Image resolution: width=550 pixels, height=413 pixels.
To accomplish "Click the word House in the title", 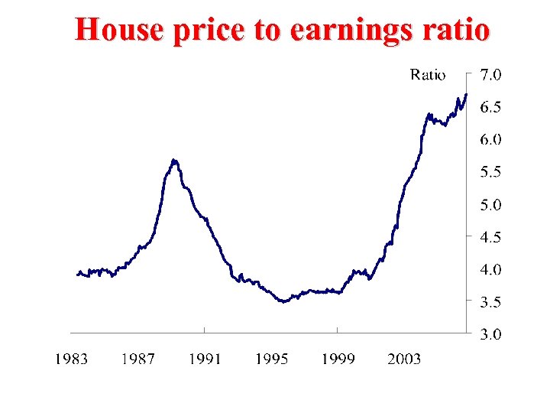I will [119, 31].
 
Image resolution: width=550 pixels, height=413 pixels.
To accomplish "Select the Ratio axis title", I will [428, 74].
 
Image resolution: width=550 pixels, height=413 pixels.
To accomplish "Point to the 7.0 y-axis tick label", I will [490, 74].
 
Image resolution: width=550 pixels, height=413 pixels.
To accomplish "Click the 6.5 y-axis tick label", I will [490, 107].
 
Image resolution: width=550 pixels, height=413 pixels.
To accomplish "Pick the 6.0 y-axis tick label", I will [490, 139].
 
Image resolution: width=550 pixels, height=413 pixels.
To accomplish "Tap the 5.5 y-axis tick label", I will [490, 172].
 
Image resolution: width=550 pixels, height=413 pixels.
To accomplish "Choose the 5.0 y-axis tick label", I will [490, 205].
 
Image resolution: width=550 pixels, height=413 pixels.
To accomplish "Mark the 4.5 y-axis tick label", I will [490, 237].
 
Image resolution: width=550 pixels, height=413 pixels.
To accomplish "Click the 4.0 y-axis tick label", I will [490, 269].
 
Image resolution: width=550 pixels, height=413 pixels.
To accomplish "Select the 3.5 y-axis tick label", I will [490, 302].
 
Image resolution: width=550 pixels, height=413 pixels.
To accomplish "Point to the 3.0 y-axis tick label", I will [490, 334].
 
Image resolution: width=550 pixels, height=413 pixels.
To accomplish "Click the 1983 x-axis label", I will [71, 359].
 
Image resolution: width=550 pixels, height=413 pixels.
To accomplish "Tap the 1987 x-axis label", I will [137, 359].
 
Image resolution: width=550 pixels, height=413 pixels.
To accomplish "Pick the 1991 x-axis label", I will [205, 359].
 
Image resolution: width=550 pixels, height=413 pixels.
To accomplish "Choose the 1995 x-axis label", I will [271, 359].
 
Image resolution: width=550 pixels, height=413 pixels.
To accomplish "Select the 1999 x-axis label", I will [338, 359].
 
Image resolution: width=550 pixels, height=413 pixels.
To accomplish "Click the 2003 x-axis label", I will [404, 359].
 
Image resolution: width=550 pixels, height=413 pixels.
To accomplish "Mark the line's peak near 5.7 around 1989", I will [174, 160].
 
